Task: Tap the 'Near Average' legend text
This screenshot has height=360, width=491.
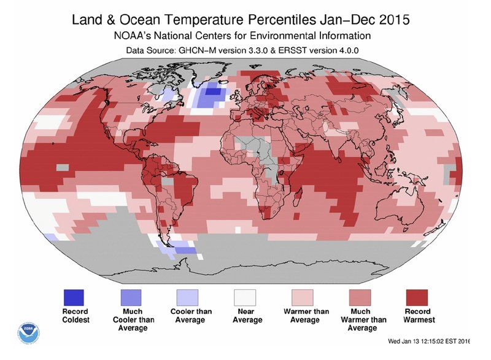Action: click(x=247, y=316)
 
